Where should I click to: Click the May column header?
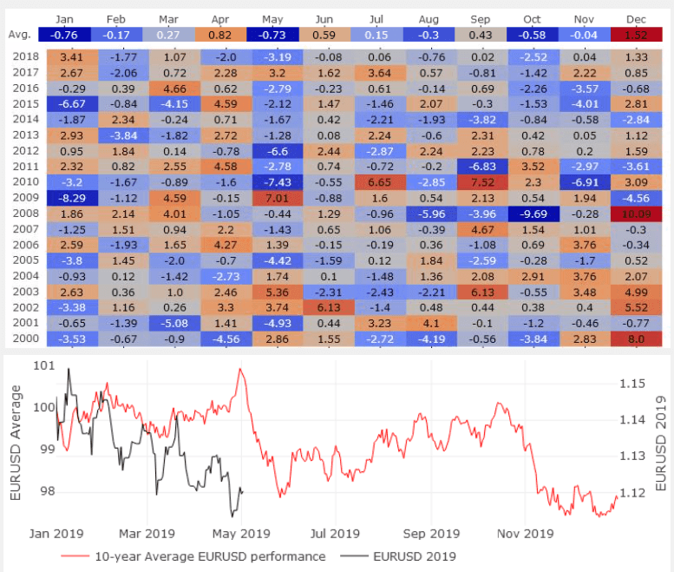[272, 18]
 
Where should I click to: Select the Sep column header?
[479, 18]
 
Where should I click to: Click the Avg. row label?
[22, 35]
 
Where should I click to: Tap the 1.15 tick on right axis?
[633, 383]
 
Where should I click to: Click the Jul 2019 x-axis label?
[334, 533]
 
